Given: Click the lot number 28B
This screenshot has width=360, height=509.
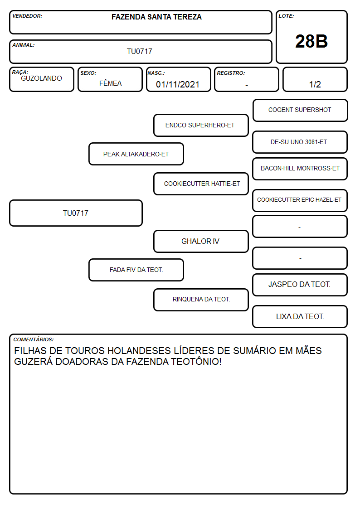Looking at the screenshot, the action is tap(311, 42).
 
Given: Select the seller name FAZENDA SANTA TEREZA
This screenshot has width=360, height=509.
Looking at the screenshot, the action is tap(156, 17).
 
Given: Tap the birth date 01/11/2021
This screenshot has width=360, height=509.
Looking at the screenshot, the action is tap(178, 84).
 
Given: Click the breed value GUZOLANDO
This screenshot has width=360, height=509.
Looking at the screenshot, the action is tap(41, 78).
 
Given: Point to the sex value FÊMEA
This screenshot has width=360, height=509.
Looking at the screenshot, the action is tap(110, 83).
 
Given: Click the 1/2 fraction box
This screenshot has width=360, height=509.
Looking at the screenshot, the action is tap(315, 79).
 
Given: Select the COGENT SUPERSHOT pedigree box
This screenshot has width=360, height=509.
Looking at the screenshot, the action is tap(300, 111).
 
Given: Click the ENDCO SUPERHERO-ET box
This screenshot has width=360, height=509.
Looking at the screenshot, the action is tap(201, 125).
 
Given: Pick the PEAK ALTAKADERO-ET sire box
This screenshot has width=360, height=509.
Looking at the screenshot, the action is tap(136, 154).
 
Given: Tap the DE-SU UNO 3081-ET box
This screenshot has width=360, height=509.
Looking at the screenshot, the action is tap(300, 142).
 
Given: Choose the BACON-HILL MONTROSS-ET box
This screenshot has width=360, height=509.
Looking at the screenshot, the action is tap(300, 169).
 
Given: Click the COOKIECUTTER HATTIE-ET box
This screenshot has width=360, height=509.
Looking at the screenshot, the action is tap(201, 184).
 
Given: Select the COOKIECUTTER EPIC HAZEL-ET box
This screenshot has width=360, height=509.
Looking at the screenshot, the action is tap(300, 200).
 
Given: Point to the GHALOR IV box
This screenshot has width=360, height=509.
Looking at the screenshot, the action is tap(201, 241).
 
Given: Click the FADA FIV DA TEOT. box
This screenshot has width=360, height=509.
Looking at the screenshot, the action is tap(136, 270).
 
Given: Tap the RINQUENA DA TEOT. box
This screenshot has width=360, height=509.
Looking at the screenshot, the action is tap(201, 300).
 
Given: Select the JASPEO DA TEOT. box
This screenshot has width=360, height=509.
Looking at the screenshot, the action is tap(300, 285).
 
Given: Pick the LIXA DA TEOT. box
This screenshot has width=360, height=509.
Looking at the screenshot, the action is tap(300, 316).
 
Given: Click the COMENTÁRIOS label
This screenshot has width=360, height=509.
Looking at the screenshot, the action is tap(34, 339).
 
